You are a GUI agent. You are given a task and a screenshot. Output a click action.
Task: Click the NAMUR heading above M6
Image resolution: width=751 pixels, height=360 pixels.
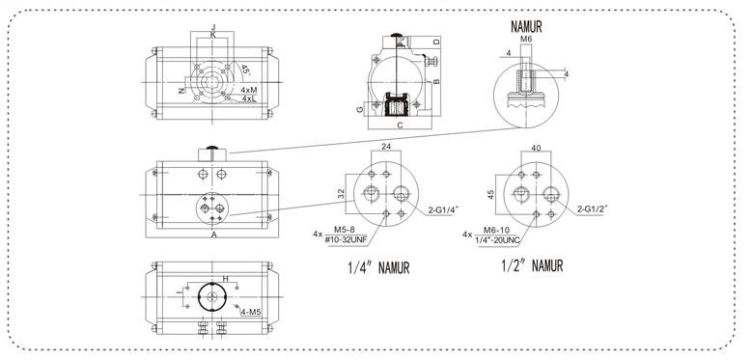click(526, 27)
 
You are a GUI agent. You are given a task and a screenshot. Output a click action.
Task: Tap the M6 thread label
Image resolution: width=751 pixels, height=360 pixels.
click(526, 39)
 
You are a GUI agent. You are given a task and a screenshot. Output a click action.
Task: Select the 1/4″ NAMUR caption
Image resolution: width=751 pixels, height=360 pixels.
click(378, 268)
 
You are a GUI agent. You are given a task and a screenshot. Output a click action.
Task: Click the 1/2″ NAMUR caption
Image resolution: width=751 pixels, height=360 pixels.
click(532, 265)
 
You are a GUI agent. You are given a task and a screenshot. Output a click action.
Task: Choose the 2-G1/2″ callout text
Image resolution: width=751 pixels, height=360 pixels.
click(593, 208)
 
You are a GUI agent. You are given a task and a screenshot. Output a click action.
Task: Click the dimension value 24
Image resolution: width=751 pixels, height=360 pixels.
click(387, 146)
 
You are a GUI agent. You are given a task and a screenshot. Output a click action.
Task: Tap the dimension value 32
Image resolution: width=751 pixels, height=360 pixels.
click(341, 194)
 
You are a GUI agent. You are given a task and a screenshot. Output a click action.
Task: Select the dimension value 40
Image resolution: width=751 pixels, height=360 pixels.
click(537, 148)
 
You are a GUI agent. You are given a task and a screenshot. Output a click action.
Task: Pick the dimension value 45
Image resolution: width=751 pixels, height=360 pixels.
click(491, 195)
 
